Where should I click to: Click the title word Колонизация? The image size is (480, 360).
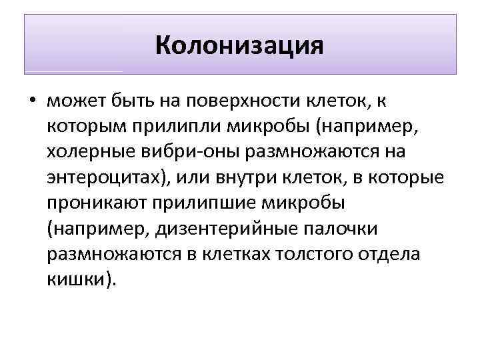click(x=239, y=46)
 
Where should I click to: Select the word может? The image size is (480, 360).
click(x=73, y=102)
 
